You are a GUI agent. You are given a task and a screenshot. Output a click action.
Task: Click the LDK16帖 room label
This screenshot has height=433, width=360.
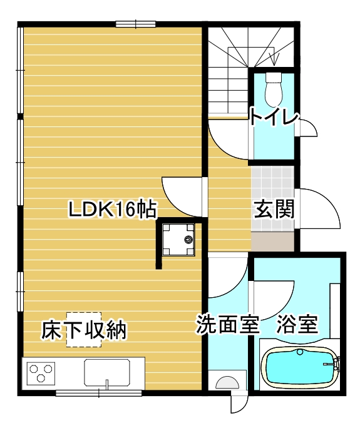click(113, 210)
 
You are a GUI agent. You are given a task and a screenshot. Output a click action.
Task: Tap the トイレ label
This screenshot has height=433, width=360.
click(274, 117)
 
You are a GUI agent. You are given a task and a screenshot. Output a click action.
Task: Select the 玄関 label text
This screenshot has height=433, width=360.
click(274, 209)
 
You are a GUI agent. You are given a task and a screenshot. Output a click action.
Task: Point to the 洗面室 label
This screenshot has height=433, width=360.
click(229, 324)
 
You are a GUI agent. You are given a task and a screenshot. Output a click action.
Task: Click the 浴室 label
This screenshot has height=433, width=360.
click(297, 324)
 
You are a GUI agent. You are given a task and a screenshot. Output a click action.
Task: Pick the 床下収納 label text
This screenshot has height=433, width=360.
click(84, 330)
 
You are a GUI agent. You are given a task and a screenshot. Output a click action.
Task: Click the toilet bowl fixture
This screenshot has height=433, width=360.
click(274, 89)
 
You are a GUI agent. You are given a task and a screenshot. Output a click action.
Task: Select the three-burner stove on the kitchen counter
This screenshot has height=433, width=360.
click(41, 373)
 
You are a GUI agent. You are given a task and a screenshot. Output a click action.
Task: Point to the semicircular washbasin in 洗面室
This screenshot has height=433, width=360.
click(227, 383)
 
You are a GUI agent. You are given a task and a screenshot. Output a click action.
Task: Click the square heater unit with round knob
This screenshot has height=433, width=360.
click(178, 239)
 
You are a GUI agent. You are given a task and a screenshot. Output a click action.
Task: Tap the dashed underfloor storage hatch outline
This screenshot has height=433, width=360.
click(84, 330)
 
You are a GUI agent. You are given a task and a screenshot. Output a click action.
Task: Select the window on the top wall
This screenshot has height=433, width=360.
click(136, 24)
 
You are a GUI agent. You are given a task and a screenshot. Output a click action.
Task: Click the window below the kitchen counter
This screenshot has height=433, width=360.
click(99, 392)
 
